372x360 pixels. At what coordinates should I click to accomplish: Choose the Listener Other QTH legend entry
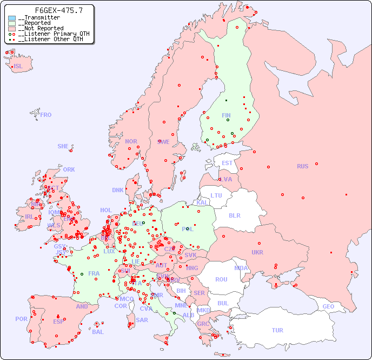(48, 39)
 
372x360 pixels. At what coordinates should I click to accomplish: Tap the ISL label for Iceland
(18, 67)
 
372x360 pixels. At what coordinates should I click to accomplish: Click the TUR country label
(277, 330)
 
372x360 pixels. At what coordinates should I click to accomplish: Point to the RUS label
(302, 166)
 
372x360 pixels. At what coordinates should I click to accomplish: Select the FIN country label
(226, 115)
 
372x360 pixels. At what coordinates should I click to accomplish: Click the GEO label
(328, 306)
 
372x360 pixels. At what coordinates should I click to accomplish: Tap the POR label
(21, 319)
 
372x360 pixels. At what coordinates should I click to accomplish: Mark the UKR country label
(257, 252)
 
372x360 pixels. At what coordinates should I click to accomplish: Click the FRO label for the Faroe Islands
(46, 115)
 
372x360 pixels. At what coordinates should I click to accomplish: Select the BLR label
(235, 215)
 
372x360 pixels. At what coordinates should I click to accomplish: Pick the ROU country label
(221, 279)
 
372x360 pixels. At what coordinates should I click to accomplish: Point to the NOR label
(131, 141)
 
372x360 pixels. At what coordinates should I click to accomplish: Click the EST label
(227, 163)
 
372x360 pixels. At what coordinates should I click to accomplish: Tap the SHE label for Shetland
(63, 146)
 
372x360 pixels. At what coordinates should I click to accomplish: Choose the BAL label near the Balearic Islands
(98, 332)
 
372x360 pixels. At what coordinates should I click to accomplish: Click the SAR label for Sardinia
(142, 320)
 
